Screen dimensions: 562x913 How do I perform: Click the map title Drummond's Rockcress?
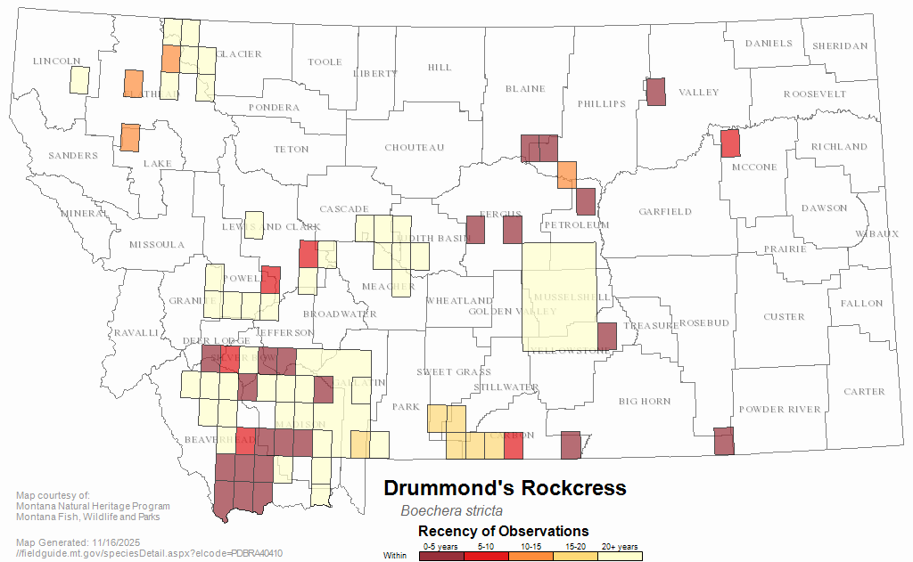click(x=505, y=488)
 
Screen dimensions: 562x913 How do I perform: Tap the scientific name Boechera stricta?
click(x=451, y=511)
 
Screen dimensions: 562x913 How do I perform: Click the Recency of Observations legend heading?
click(x=503, y=531)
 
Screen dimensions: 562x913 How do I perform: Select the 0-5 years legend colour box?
click(x=441, y=556)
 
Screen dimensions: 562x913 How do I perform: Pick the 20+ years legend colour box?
click(x=620, y=556)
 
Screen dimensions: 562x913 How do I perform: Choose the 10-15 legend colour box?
click(x=531, y=556)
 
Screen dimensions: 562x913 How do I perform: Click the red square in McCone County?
click(x=730, y=143)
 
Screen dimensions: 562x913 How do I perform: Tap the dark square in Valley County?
click(x=655, y=92)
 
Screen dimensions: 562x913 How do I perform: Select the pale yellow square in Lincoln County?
click(x=79, y=80)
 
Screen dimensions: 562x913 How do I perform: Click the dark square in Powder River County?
click(x=724, y=441)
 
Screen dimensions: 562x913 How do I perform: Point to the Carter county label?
click(x=864, y=392)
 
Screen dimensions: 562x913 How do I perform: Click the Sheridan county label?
click(x=839, y=46)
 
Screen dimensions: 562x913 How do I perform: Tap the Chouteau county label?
click(x=415, y=147)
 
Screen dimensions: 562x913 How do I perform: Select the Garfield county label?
click(x=664, y=212)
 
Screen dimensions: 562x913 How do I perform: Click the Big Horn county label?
click(x=645, y=402)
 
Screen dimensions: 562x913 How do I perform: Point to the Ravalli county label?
click(x=135, y=333)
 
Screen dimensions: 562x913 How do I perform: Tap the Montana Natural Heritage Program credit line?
click(x=93, y=507)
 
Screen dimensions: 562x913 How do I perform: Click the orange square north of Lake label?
click(x=129, y=137)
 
